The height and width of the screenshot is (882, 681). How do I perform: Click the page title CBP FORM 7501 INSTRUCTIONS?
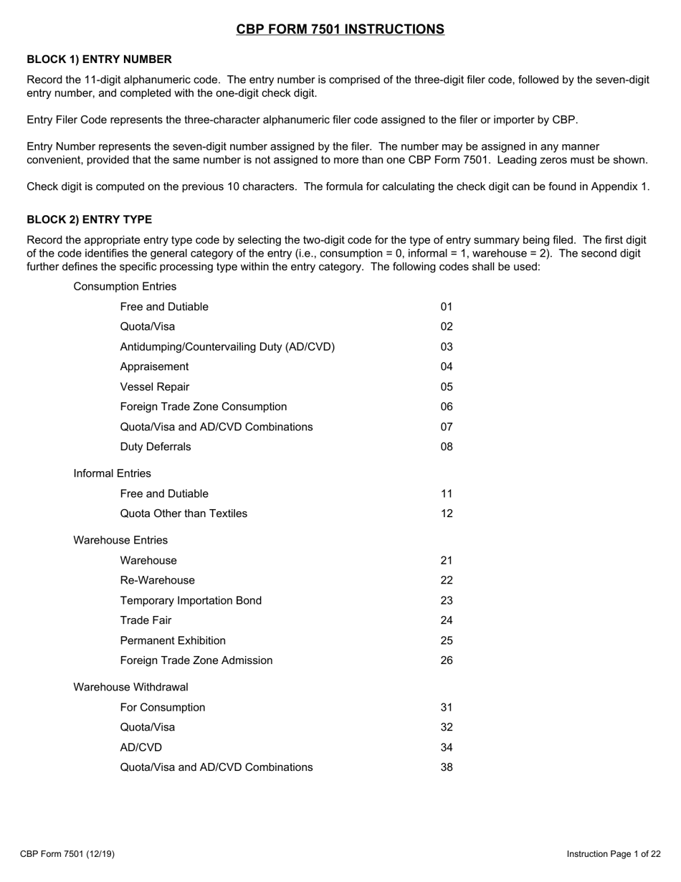[x=340, y=29]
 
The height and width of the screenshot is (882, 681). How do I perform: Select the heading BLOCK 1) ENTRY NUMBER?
[x=99, y=60]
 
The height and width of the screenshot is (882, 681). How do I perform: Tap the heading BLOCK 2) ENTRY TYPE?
[x=89, y=219]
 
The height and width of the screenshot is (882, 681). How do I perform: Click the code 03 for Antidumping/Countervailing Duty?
[x=447, y=347]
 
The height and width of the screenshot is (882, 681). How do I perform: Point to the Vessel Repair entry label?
[x=155, y=387]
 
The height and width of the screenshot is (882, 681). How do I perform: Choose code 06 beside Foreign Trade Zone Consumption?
[x=447, y=407]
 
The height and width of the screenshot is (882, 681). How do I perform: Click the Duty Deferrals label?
[x=156, y=447]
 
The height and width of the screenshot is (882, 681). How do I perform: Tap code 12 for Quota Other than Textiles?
[x=447, y=513]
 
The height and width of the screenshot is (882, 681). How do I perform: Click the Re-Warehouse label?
[x=157, y=580]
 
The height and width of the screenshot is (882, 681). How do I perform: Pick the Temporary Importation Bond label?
[x=191, y=600]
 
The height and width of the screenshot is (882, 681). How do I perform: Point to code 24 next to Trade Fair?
[x=447, y=620]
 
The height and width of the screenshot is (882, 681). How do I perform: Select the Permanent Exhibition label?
[x=173, y=640]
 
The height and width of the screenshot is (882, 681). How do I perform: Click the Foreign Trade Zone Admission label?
[x=196, y=660]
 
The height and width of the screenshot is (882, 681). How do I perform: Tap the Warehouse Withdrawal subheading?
[x=130, y=687]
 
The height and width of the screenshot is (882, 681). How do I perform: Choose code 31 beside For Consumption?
[x=447, y=708]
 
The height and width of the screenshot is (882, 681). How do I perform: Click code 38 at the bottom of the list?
[x=447, y=767]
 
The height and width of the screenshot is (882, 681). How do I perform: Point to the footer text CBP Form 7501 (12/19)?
[x=67, y=854]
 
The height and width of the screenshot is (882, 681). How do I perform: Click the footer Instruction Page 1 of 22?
[x=614, y=854]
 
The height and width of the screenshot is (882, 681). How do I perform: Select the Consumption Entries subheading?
[x=125, y=287]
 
